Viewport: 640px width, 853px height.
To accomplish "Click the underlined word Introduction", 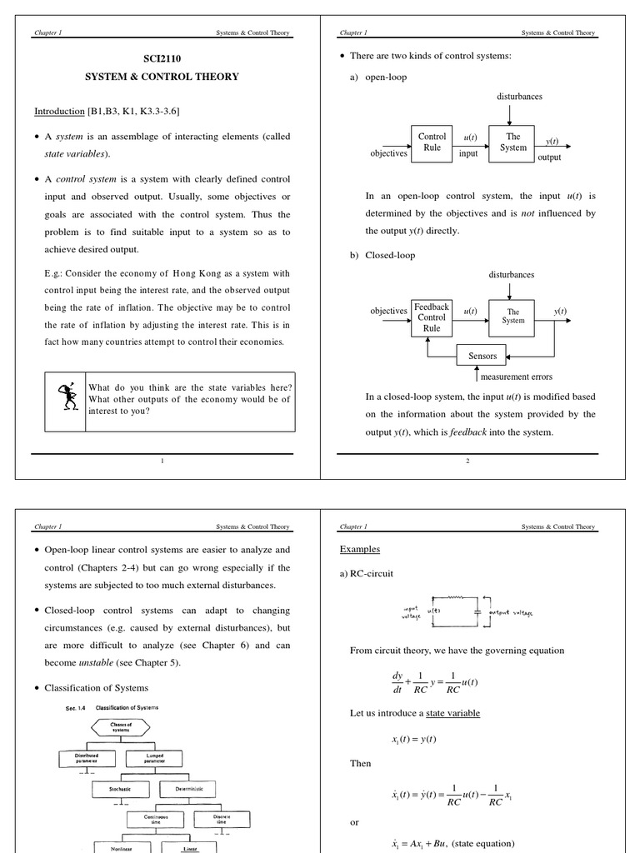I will click(59, 111).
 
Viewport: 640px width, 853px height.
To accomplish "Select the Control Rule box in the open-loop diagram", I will click(432, 142).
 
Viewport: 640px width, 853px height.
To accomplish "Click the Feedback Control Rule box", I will click(432, 317).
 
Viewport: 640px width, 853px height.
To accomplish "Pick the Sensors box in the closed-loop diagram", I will click(482, 356).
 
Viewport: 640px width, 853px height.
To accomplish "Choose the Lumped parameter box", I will click(154, 758).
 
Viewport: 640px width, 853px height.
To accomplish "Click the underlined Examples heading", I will click(359, 550).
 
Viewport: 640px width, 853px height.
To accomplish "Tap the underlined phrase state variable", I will click(452, 713).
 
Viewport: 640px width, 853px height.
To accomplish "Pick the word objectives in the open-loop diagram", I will click(388, 153).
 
